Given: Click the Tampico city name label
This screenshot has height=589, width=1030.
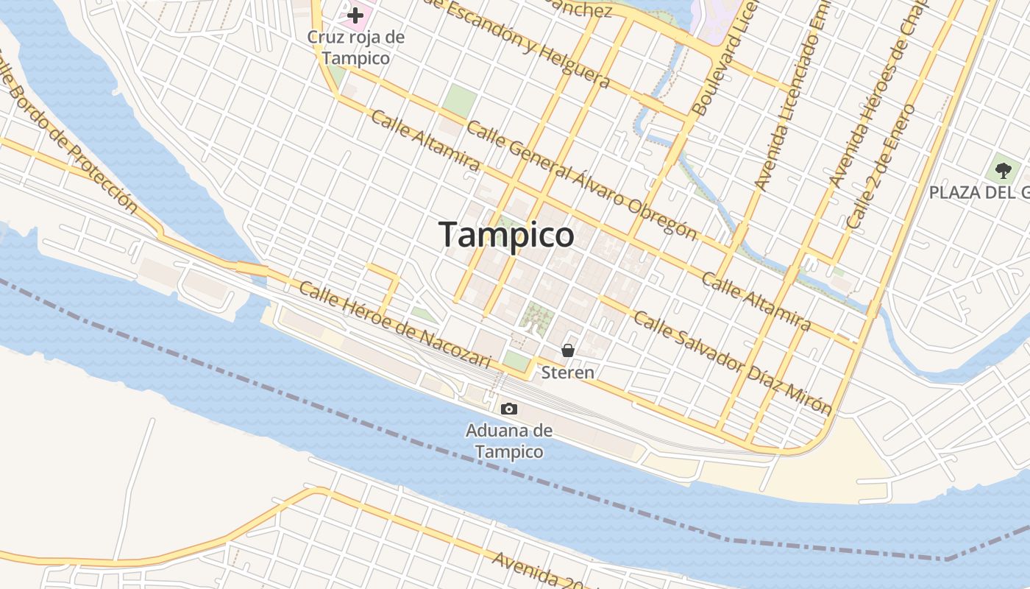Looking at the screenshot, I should tap(507, 235).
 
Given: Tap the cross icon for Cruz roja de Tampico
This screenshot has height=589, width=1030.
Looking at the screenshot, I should tap(356, 15).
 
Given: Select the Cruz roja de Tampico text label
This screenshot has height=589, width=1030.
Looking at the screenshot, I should tap(356, 47).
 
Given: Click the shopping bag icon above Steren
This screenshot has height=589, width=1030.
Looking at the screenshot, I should tap(568, 350).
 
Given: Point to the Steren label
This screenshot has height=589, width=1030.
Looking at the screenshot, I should tap(568, 373).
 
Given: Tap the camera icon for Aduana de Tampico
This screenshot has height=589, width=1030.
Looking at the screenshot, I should tap(508, 409).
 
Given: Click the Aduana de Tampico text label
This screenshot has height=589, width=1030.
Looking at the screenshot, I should tap(508, 440).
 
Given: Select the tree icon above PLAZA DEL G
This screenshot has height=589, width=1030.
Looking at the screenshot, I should tap(1002, 170).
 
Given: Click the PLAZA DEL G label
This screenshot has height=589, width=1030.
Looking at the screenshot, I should tap(979, 193).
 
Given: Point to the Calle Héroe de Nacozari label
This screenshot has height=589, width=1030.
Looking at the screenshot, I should tap(394, 325).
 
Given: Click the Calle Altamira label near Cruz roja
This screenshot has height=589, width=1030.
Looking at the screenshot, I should tap(425, 140).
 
